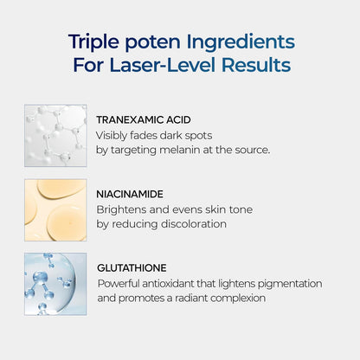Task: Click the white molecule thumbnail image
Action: (x=55, y=135)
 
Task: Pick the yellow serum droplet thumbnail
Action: (x=55, y=209)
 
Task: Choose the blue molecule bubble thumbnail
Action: (x=55, y=284)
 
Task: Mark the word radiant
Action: (x=217, y=299)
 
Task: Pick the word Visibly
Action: (x=116, y=134)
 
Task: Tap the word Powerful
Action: (x=122, y=283)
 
